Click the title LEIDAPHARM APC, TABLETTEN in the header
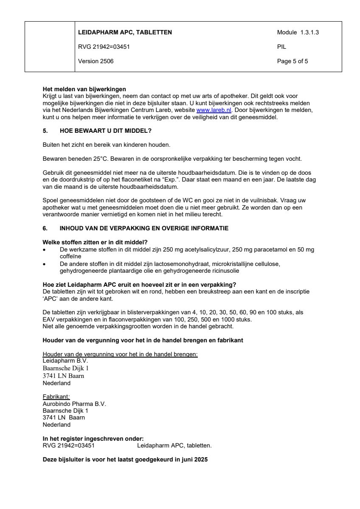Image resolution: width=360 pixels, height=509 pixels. (x=125, y=32)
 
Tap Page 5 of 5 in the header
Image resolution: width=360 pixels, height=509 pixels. (x=292, y=61)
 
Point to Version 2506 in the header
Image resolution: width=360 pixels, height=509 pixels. (x=96, y=61)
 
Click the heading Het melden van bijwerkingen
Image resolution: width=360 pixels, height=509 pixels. (x=84, y=89)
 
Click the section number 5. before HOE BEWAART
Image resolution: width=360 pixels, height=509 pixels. (x=45, y=131)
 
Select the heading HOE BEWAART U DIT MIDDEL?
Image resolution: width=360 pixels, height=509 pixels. (x=106, y=131)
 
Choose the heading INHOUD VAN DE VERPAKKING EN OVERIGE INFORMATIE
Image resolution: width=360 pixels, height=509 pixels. (x=144, y=228)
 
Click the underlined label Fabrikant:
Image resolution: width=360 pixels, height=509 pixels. (x=56, y=397)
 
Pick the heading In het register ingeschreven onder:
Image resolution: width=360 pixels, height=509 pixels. (x=93, y=439)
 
